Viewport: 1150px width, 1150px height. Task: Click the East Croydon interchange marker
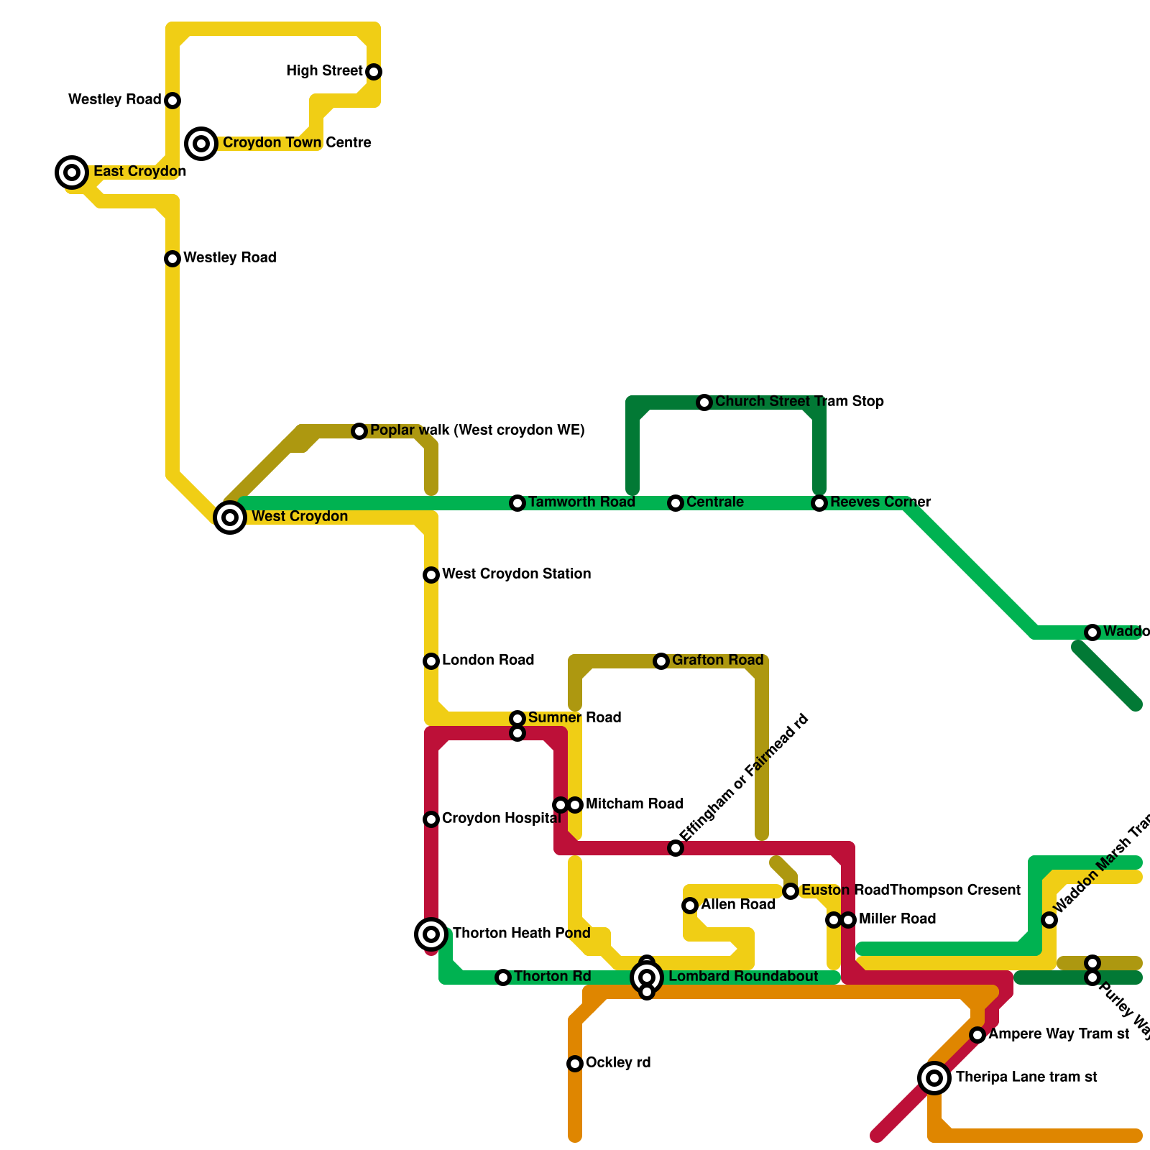pos(72,172)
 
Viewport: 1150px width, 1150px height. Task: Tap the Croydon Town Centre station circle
pos(201,144)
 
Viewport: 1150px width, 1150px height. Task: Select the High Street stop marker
pos(374,72)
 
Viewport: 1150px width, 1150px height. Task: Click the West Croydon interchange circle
pos(230,517)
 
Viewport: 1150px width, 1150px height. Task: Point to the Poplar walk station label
pos(477,431)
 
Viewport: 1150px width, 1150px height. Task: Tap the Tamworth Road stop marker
pos(517,503)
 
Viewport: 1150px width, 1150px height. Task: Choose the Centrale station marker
pos(676,503)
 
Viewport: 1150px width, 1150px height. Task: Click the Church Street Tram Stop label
pos(799,402)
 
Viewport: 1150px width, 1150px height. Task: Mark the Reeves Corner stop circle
pos(819,503)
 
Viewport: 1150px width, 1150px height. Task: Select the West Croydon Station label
pos(516,574)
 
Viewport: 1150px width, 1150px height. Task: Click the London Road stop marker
pos(431,661)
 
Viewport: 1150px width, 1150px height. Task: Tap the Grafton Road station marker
pos(661,661)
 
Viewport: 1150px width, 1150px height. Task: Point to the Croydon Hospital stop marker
pos(431,819)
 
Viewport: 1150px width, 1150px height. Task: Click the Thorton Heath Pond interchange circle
pos(431,934)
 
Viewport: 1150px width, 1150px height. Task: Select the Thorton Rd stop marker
pos(503,977)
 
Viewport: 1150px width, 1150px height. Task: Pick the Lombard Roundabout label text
pos(743,977)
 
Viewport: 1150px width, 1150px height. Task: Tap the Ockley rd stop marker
pos(575,1064)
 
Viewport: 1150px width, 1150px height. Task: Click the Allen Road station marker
pos(690,906)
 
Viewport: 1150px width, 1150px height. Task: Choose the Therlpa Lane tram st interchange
pos(934,1078)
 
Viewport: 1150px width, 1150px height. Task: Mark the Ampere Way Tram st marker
pos(977,1035)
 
